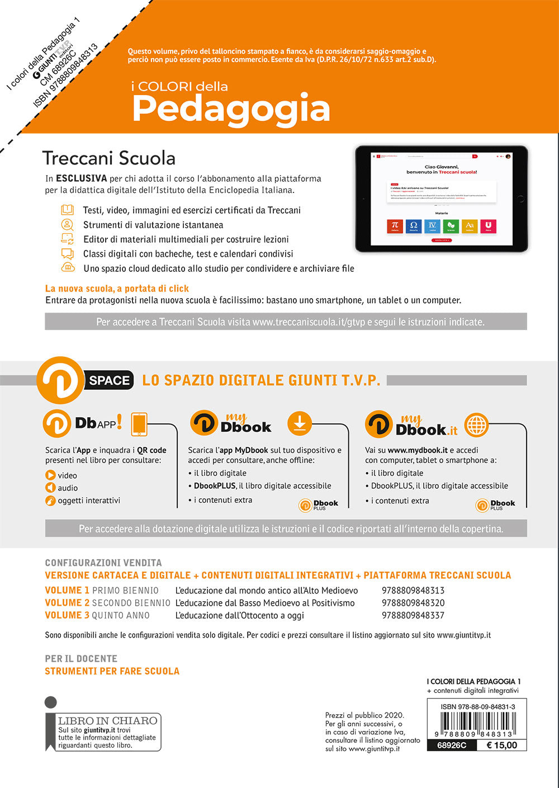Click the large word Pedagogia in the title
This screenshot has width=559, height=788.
pyautogui.click(x=231, y=108)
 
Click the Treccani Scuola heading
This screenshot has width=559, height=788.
pyautogui.click(x=109, y=158)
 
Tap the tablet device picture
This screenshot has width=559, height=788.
pyautogui.click(x=442, y=199)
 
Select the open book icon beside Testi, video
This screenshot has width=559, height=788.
pyautogui.click(x=67, y=210)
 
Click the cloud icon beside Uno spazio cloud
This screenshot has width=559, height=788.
pyautogui.click(x=68, y=267)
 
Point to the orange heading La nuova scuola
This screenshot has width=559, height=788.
pyautogui.click(x=117, y=289)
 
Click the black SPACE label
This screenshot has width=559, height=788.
pyautogui.click(x=109, y=380)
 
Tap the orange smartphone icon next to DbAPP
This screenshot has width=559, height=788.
pyautogui.click(x=139, y=424)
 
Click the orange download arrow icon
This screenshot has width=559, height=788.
pyautogui.click(x=300, y=423)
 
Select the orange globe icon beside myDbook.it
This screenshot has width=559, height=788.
pyautogui.click(x=476, y=424)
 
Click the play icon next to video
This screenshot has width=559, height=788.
pyautogui.click(x=51, y=475)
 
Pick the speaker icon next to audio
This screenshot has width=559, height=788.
pyautogui.click(x=51, y=488)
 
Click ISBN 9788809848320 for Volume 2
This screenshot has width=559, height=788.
pyautogui.click(x=413, y=603)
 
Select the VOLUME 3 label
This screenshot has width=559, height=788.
pyautogui.click(x=67, y=615)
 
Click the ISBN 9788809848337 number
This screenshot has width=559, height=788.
pyautogui.click(x=413, y=615)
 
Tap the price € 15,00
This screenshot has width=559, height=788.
pyautogui.click(x=501, y=745)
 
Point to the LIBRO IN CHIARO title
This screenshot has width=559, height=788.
pyautogui.click(x=107, y=720)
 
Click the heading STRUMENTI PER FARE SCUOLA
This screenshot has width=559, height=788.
pyautogui.click(x=112, y=671)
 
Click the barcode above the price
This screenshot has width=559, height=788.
pyautogui.click(x=477, y=725)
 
